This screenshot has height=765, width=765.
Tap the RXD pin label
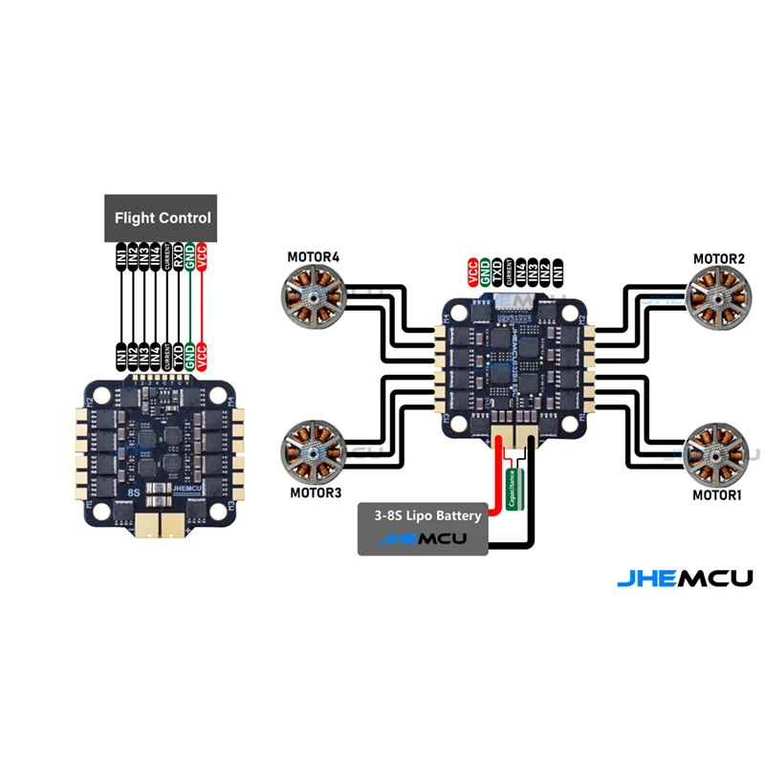coord(178,256)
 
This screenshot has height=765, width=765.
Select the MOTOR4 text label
coord(314,257)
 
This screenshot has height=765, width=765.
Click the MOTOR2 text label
coord(718,259)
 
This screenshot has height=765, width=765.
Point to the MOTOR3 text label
coord(315,493)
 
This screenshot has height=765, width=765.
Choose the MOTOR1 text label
coord(718,495)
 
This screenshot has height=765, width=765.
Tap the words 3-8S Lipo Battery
coord(422,515)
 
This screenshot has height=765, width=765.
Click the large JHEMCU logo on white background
coord(684,578)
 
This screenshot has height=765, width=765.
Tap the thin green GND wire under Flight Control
coord(190,306)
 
